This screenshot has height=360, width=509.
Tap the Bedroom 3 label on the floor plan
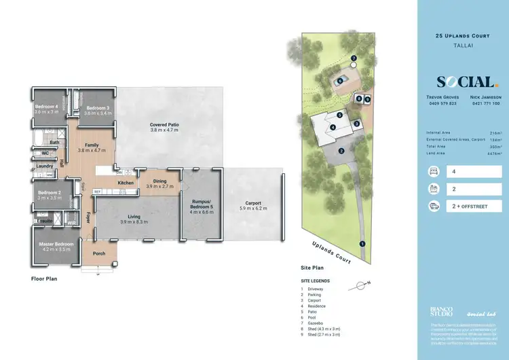[98, 108]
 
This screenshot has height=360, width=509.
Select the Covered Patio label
[164, 124]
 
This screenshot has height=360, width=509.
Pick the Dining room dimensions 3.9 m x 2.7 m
[160, 185]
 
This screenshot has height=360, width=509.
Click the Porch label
[99, 255]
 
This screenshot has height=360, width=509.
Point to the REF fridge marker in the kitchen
[97, 192]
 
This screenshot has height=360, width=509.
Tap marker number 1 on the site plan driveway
[362, 243]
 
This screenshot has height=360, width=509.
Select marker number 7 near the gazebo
[354, 58]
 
